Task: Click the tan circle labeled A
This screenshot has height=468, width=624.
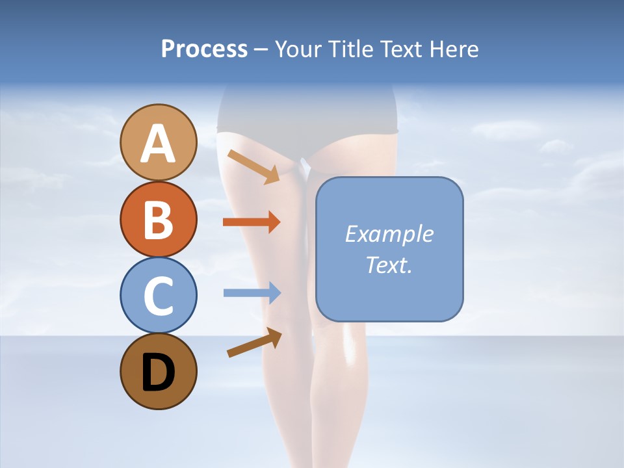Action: click(x=158, y=142)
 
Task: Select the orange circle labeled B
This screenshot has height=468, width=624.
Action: click(x=158, y=218)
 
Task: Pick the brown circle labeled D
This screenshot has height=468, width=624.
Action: click(x=158, y=371)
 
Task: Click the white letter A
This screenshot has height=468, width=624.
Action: click(x=158, y=144)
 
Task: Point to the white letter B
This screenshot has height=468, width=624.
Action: click(x=158, y=220)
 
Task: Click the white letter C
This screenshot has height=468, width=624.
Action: click(x=158, y=296)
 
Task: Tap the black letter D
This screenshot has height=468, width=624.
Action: click(x=158, y=372)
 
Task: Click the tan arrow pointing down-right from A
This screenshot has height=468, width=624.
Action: click(x=253, y=166)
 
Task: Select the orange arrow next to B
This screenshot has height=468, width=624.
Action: click(x=252, y=222)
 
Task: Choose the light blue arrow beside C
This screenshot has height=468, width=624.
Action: click(x=252, y=293)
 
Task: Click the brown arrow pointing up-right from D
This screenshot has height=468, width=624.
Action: click(x=254, y=343)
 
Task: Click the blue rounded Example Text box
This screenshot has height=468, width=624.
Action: click(x=389, y=249)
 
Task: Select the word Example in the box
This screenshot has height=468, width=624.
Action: click(x=389, y=234)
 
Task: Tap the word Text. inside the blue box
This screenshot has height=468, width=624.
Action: click(x=389, y=265)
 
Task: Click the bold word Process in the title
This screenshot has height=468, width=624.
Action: click(x=204, y=49)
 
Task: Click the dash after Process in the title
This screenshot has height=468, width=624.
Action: click(x=261, y=50)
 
